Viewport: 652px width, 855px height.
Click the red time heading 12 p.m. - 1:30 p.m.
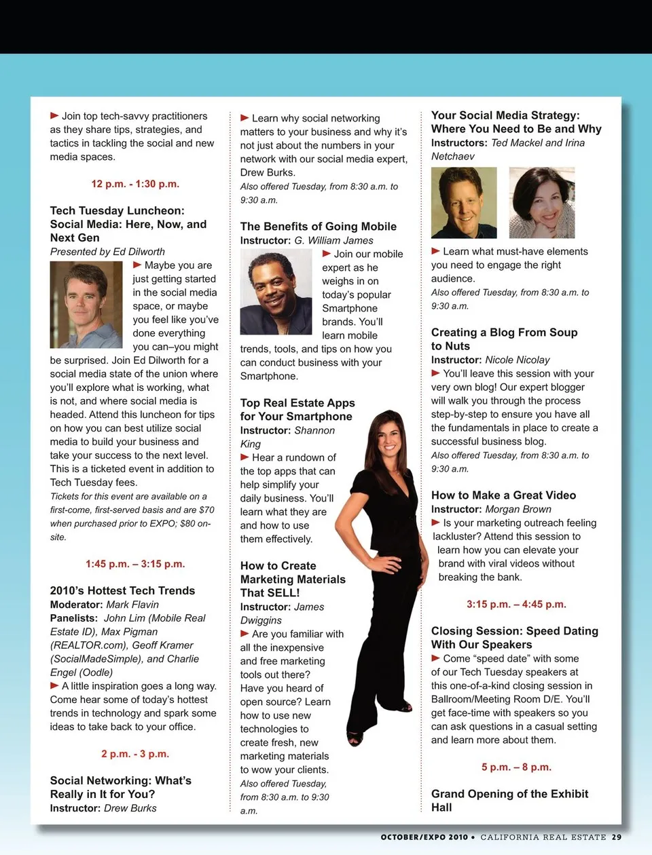click(135, 184)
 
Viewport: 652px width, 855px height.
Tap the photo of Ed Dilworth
click(86, 305)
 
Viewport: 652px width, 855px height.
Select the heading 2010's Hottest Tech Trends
click(122, 590)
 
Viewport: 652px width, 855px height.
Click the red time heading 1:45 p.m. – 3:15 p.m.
click(135, 564)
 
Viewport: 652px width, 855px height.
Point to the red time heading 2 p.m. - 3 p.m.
click(135, 754)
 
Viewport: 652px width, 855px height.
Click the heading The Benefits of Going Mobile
click(318, 227)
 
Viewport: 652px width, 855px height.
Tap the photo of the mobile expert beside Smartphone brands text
click(276, 292)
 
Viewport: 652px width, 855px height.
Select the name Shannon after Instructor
click(314, 430)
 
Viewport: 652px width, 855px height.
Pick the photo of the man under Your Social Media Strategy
click(464, 202)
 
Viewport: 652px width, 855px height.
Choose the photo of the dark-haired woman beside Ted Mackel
click(542, 202)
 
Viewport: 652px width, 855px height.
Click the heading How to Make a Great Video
click(503, 495)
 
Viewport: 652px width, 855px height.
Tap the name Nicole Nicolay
click(518, 360)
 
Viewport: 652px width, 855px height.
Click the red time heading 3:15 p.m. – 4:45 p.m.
click(516, 604)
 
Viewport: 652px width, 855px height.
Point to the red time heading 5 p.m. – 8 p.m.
click(516, 767)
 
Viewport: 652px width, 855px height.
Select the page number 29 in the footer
click(616, 837)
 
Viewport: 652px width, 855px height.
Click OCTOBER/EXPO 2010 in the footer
click(424, 837)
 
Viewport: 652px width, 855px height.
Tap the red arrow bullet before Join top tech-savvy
click(54, 116)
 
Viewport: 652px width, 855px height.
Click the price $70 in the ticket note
click(206, 510)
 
